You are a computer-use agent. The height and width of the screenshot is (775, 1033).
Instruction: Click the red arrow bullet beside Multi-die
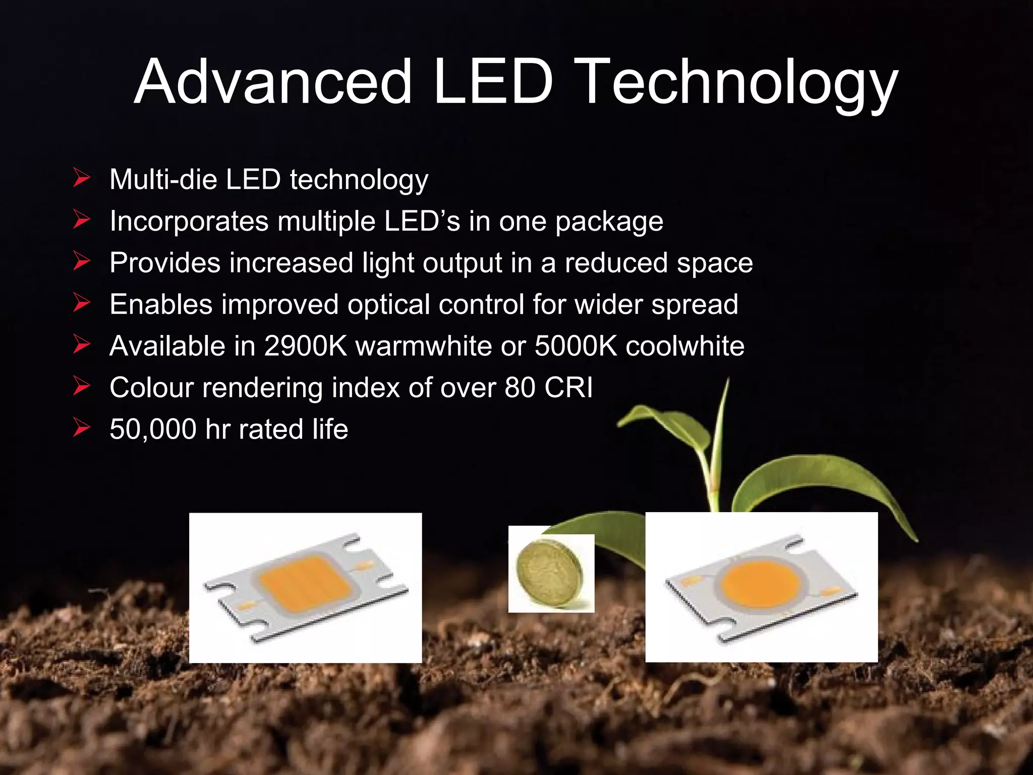pyautogui.click(x=81, y=178)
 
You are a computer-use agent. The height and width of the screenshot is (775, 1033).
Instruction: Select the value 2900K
pyautogui.click(x=306, y=346)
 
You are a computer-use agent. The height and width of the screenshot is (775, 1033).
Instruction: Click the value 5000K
pyautogui.click(x=576, y=346)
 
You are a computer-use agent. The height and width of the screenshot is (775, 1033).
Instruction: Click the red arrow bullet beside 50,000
pyautogui.click(x=81, y=427)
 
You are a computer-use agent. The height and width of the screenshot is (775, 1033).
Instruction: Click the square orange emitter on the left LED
pyautogui.click(x=306, y=583)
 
